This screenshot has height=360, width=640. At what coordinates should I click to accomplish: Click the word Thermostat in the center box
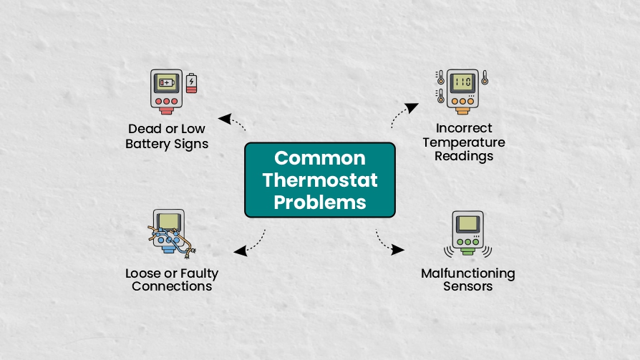pos(320,180)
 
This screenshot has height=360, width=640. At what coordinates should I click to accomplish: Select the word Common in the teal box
pos(320,158)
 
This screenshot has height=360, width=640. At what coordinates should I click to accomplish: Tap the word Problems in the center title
pos(320,202)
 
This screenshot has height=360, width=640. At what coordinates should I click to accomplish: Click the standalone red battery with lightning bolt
pos(191,83)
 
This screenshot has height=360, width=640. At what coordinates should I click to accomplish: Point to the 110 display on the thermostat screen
pos(462,82)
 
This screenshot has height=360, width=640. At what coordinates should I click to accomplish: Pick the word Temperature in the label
pos(464,142)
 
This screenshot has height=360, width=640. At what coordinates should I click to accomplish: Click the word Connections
pos(172,286)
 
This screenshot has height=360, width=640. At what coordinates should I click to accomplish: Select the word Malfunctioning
pos(468,273)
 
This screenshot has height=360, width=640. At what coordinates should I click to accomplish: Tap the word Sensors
pos(468,286)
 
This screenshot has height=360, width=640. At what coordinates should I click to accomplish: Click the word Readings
pos(464,155)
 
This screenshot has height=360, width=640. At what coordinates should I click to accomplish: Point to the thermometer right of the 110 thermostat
pos(485,77)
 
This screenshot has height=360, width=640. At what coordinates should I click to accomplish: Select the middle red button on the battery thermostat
pos(166,102)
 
